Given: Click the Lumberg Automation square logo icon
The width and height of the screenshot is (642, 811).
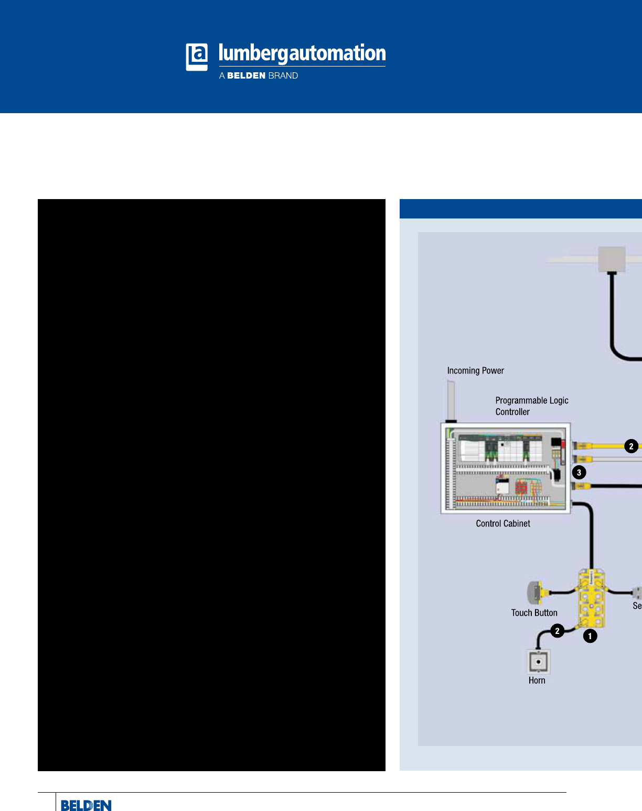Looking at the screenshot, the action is click(x=197, y=57).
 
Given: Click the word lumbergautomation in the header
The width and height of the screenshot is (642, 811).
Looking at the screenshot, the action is click(x=302, y=53).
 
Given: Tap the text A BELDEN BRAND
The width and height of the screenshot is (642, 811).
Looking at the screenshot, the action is click(x=259, y=76).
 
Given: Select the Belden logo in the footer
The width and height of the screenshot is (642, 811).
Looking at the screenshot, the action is click(x=86, y=805).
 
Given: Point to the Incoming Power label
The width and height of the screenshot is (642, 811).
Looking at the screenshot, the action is click(x=476, y=370).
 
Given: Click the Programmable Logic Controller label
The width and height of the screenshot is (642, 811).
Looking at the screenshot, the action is click(x=532, y=406).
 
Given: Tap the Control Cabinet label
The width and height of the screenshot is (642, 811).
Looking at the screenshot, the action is click(x=502, y=523).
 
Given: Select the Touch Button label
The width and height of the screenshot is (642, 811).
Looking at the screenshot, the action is click(x=534, y=613).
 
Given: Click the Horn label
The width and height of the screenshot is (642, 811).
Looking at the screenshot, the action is click(x=537, y=680).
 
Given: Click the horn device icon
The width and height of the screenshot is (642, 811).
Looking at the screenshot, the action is click(x=539, y=661).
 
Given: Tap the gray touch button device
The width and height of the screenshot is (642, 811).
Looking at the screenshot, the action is click(x=534, y=593).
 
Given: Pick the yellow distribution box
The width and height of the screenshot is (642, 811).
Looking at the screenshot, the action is click(x=592, y=598).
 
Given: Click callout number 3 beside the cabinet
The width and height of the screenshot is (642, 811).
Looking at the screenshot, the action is click(x=579, y=473).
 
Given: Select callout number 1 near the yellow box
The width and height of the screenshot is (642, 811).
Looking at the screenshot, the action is click(x=590, y=636).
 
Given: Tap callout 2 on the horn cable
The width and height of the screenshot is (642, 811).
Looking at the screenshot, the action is click(x=557, y=631).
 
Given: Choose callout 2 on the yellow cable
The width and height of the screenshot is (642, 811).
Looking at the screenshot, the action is click(x=631, y=446).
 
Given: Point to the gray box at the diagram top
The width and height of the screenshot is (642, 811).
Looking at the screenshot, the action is click(x=612, y=259).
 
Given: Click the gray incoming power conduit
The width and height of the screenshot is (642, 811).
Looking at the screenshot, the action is click(x=451, y=401).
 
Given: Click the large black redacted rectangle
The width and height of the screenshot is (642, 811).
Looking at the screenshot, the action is click(x=211, y=485).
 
